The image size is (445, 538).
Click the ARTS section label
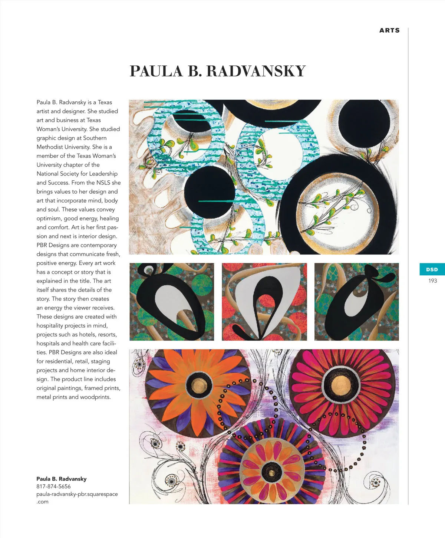[x=389, y=30]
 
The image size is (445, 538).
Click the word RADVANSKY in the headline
[x=256, y=71]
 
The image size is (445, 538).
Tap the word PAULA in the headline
[x=156, y=71]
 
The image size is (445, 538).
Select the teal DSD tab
[x=432, y=270]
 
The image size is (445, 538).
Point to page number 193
[x=432, y=281]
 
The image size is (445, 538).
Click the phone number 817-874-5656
[x=53, y=486]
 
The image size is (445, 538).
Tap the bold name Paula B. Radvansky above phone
[x=62, y=479]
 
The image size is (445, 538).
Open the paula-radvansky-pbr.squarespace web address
[x=77, y=494]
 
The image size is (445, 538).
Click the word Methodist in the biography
[x=50, y=147]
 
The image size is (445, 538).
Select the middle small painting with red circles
[x=264, y=302]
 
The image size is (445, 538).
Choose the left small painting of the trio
[x=172, y=302]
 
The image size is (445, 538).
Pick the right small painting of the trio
[x=356, y=302]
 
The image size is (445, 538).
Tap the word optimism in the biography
[x=49, y=219]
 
